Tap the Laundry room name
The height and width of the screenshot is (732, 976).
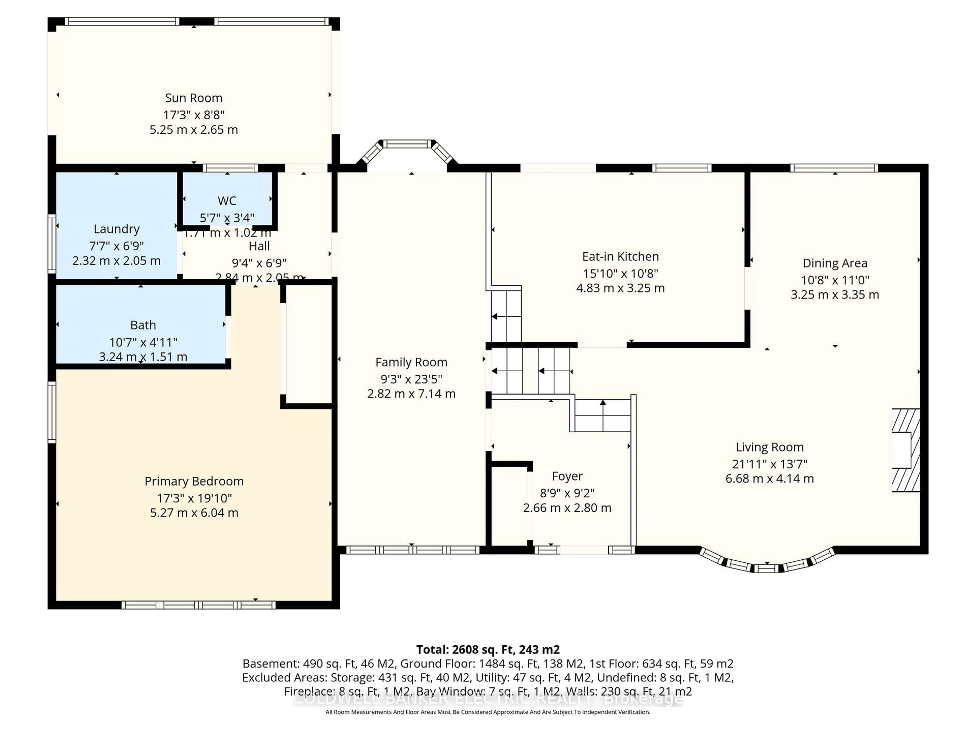[x=116, y=229]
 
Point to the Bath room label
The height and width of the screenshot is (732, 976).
[x=143, y=325]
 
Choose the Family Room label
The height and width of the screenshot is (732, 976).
[x=411, y=362]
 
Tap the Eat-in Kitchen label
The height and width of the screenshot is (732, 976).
[x=620, y=257]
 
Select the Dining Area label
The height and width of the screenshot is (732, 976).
[x=835, y=263]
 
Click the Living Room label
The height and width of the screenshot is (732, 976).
[x=770, y=447]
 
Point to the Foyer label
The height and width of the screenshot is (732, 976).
[x=567, y=477]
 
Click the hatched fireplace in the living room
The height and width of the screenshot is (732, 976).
[x=905, y=450]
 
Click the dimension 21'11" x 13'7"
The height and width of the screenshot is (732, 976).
[x=770, y=464]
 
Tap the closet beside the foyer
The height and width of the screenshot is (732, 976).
[x=509, y=507]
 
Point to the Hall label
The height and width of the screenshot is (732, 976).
[x=259, y=246]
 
